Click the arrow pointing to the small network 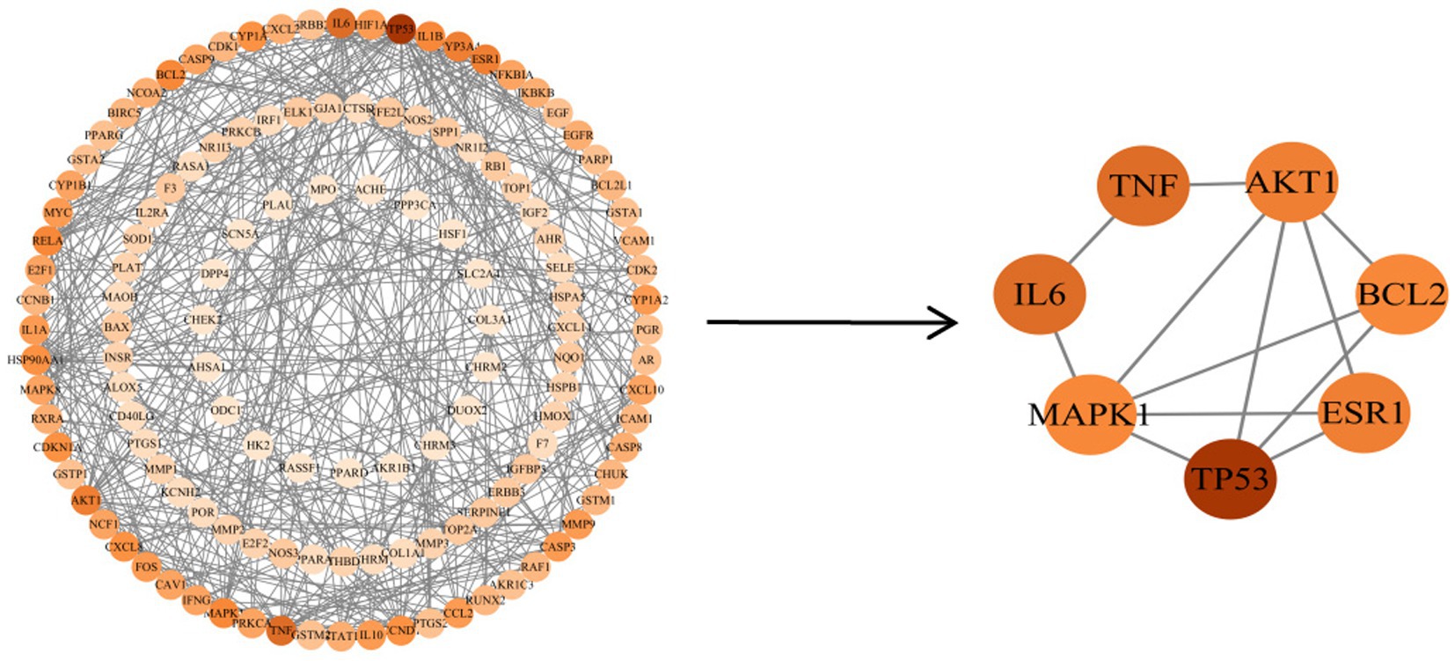point(831,322)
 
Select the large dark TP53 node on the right point(1230,479)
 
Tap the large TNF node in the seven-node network point(1143,186)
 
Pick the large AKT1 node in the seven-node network point(1290,182)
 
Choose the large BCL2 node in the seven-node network point(1400,294)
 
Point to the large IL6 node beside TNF point(1040,295)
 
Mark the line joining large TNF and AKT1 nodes point(1217,184)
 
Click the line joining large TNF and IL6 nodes point(1091,239)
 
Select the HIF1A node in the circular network point(370,26)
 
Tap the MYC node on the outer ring point(58,213)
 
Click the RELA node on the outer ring point(48,240)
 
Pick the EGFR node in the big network point(578,135)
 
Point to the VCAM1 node point(633,240)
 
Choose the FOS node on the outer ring point(147,567)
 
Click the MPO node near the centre point(323,189)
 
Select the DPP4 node point(215,274)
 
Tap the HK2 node point(258,445)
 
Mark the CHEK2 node point(202,319)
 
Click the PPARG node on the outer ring point(104,135)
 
